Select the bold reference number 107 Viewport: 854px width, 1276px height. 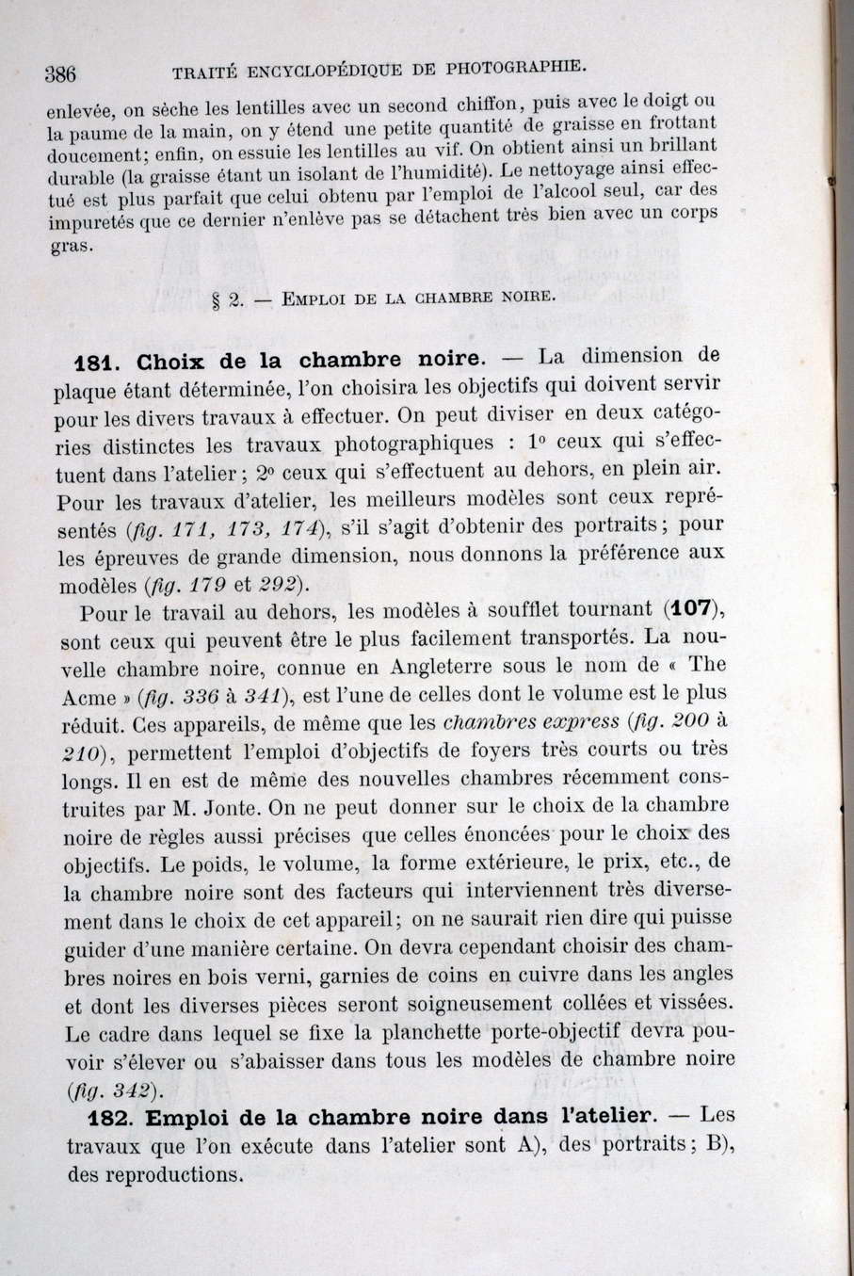coord(692,607)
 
